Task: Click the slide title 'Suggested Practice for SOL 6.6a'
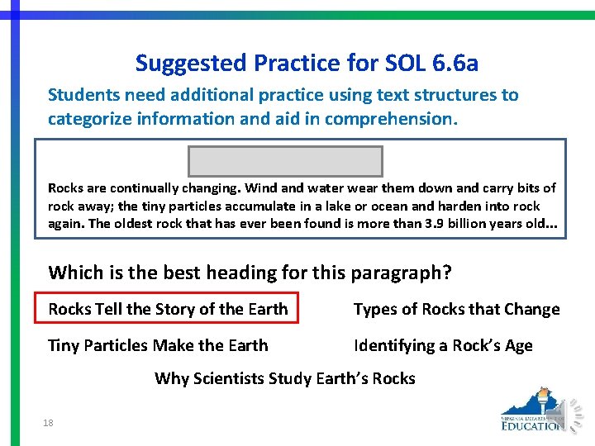click(307, 63)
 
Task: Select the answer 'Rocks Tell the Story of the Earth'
click(168, 309)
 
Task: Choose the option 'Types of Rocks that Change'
click(456, 309)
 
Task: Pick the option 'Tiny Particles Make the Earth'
click(158, 345)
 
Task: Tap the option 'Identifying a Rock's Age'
click(443, 345)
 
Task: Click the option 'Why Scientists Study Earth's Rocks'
click(284, 378)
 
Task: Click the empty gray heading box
click(285, 161)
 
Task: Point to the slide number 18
click(48, 423)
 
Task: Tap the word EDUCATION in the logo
click(531, 425)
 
